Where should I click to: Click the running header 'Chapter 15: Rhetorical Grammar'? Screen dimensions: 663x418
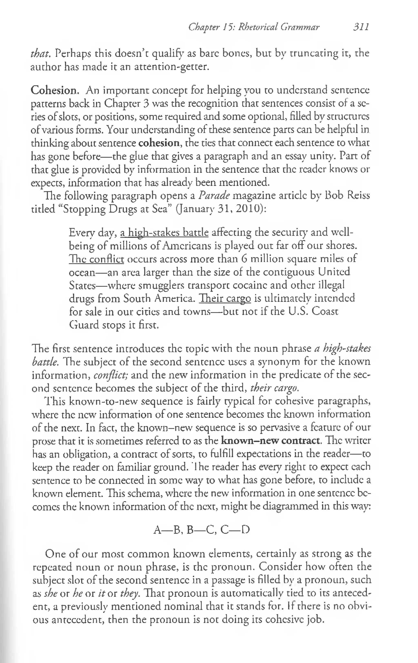[254, 27]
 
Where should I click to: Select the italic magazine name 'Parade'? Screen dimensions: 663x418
[214, 196]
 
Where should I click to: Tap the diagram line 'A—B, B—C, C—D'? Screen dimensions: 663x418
[201, 530]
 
